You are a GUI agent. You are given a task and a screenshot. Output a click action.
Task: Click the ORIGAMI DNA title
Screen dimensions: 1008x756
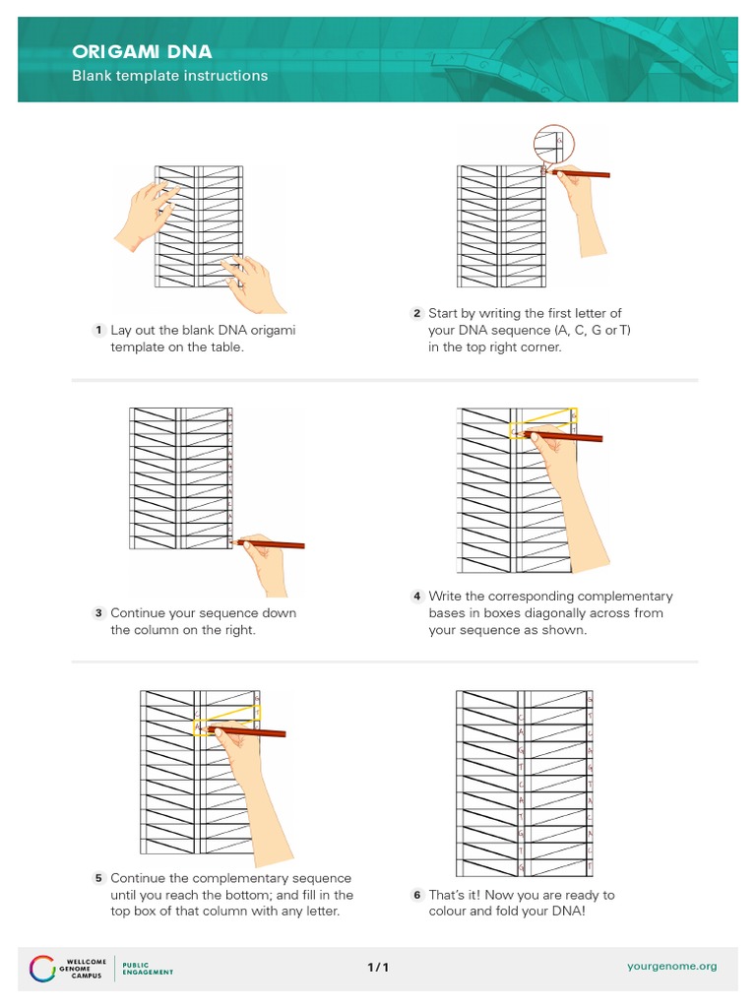click(141, 51)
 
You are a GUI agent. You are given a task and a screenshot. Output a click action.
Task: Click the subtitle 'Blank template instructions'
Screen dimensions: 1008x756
click(169, 76)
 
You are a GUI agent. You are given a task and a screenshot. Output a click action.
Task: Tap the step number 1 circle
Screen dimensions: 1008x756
click(98, 331)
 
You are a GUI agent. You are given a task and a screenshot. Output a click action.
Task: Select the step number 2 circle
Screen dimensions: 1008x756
click(416, 314)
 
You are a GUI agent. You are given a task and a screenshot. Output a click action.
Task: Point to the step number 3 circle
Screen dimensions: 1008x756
click(98, 613)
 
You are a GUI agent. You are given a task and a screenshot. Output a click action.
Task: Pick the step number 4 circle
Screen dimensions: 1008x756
click(416, 597)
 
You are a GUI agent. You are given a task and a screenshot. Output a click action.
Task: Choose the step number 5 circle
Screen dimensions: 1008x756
click(98, 878)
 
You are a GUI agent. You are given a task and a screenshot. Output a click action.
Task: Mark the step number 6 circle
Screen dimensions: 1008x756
click(416, 895)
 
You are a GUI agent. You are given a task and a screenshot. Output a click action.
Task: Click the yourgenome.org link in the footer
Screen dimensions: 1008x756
click(672, 967)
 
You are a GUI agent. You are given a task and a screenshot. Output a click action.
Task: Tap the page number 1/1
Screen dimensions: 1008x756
click(378, 967)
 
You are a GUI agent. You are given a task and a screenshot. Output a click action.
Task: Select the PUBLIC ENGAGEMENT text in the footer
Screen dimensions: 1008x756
click(147, 967)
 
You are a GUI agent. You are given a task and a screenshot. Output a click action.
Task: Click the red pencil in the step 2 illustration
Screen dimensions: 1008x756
click(581, 174)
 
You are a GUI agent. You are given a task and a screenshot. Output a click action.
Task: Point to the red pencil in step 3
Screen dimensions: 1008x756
click(276, 543)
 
